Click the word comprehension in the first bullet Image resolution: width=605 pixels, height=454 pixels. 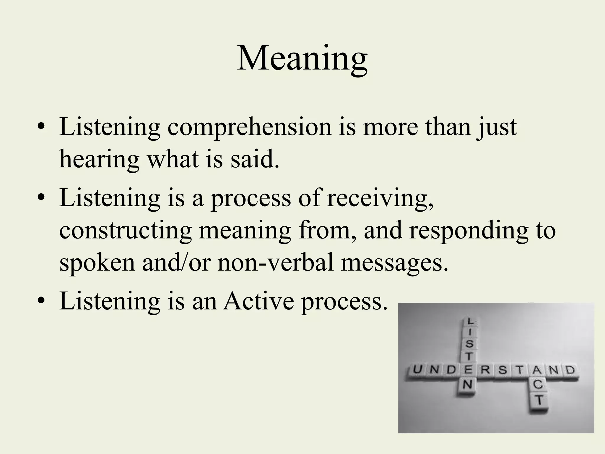pyautogui.click(x=250, y=127)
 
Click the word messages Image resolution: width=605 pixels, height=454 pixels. pyautogui.click(x=394, y=262)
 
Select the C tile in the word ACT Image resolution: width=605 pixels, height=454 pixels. pyautogui.click(x=538, y=384)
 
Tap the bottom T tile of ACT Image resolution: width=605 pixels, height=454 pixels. pyautogui.click(x=539, y=401)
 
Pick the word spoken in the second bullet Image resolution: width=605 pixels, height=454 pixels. pyautogui.click(x=97, y=262)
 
